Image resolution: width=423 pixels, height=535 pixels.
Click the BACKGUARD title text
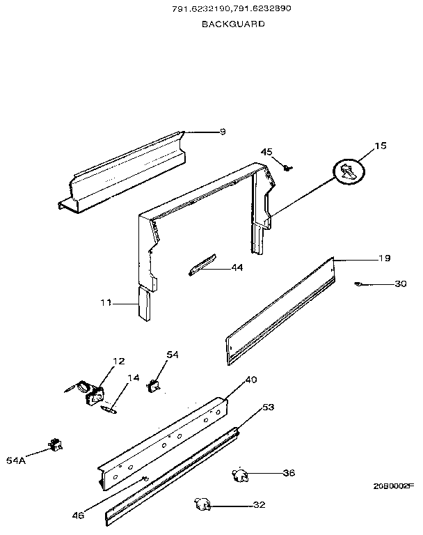pos(233,24)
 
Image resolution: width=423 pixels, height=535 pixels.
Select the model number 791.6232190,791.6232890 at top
pos(233,9)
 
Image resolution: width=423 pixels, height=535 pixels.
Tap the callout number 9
pos(223,131)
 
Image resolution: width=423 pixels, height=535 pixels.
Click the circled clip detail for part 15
pos(349,170)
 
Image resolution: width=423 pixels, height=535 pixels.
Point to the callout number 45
pos(267,152)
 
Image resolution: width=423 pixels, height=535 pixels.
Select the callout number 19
pos(384,259)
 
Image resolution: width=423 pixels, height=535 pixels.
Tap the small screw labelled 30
pos(358,284)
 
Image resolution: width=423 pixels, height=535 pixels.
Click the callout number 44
pos(237,267)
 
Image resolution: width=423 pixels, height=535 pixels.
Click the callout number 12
pos(119,361)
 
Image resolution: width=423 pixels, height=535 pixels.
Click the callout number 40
pos(251,380)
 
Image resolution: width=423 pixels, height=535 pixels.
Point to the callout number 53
pos(268,406)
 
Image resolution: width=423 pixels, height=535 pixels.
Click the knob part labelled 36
pos(240,475)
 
